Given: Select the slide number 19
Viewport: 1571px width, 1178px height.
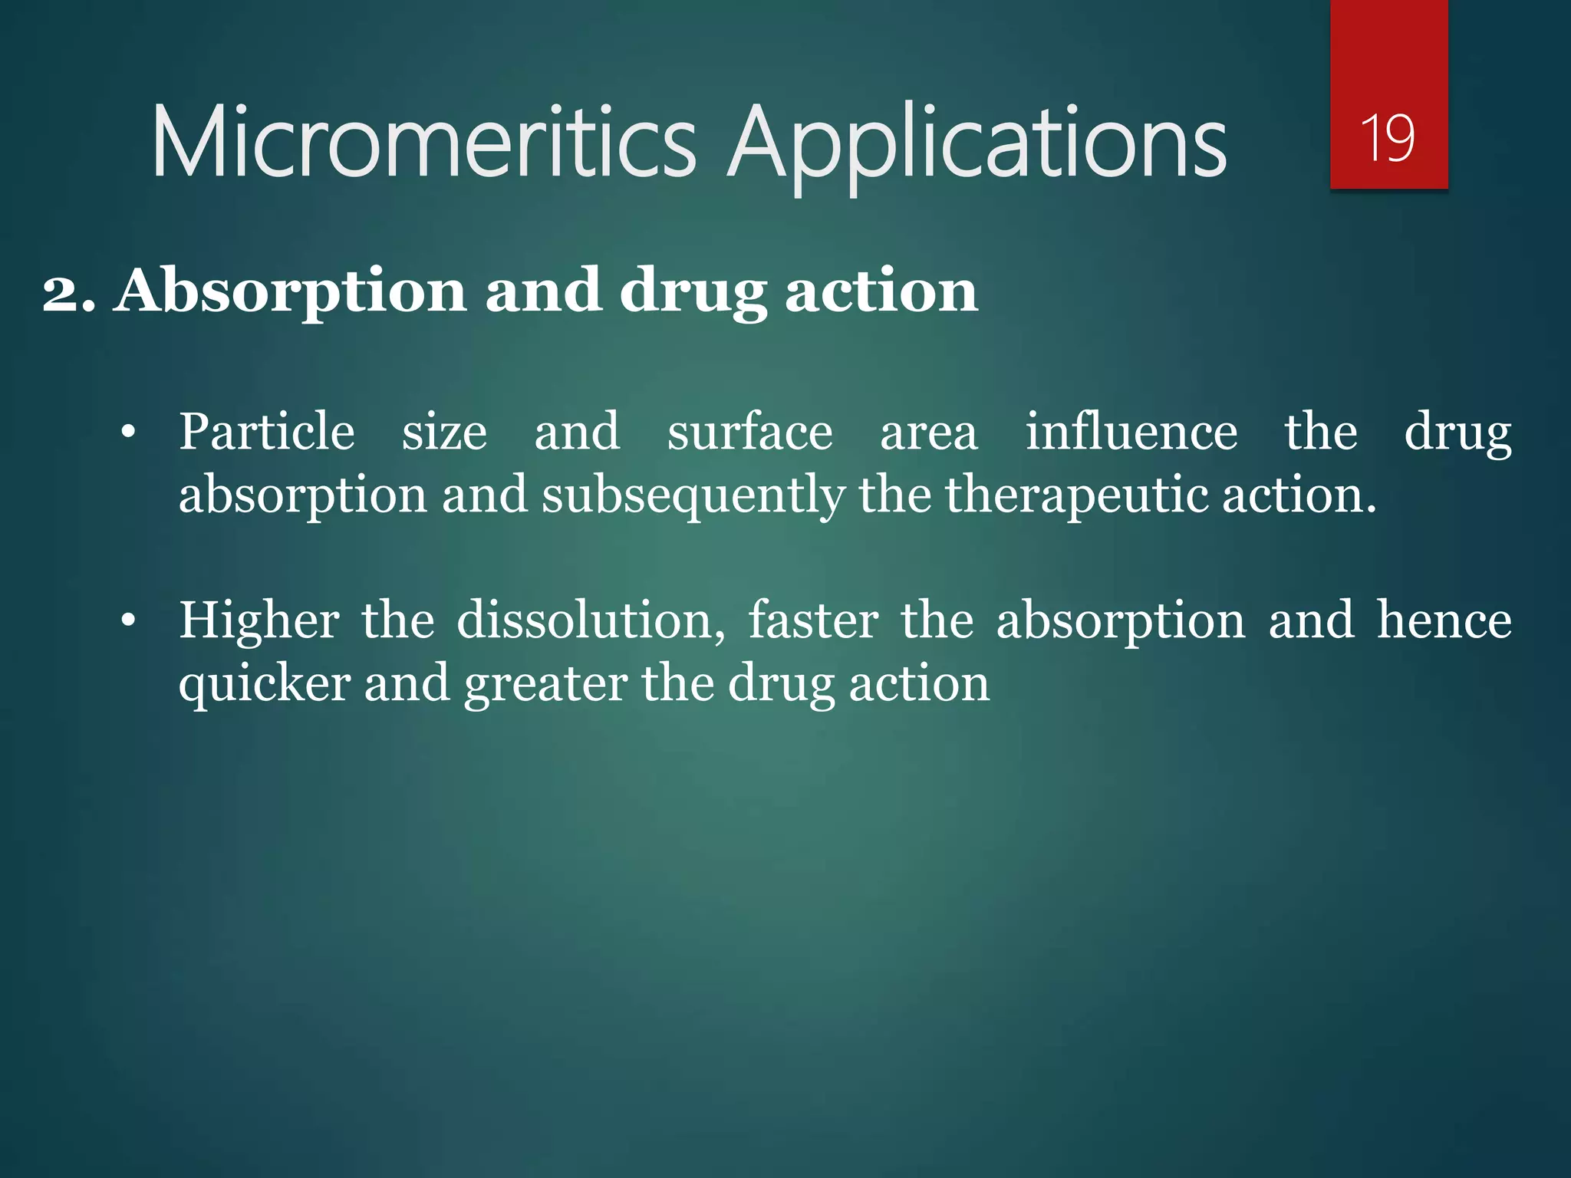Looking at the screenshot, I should click(1388, 138).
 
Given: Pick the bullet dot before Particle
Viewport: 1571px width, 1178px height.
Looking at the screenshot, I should click(128, 433).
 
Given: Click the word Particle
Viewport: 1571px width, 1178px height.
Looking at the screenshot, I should click(267, 431).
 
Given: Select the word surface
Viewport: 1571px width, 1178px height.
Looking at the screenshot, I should click(749, 432).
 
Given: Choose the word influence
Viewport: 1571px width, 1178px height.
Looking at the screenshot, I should click(1131, 431).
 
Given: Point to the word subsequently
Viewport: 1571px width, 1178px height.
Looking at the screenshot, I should click(693, 496).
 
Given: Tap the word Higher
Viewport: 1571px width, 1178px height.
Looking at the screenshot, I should click(259, 620).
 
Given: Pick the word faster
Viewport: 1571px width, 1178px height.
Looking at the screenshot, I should click(813, 620).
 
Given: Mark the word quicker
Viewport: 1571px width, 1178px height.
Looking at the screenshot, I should click(265, 684).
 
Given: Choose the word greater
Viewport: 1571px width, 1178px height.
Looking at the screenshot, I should click(546, 684).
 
